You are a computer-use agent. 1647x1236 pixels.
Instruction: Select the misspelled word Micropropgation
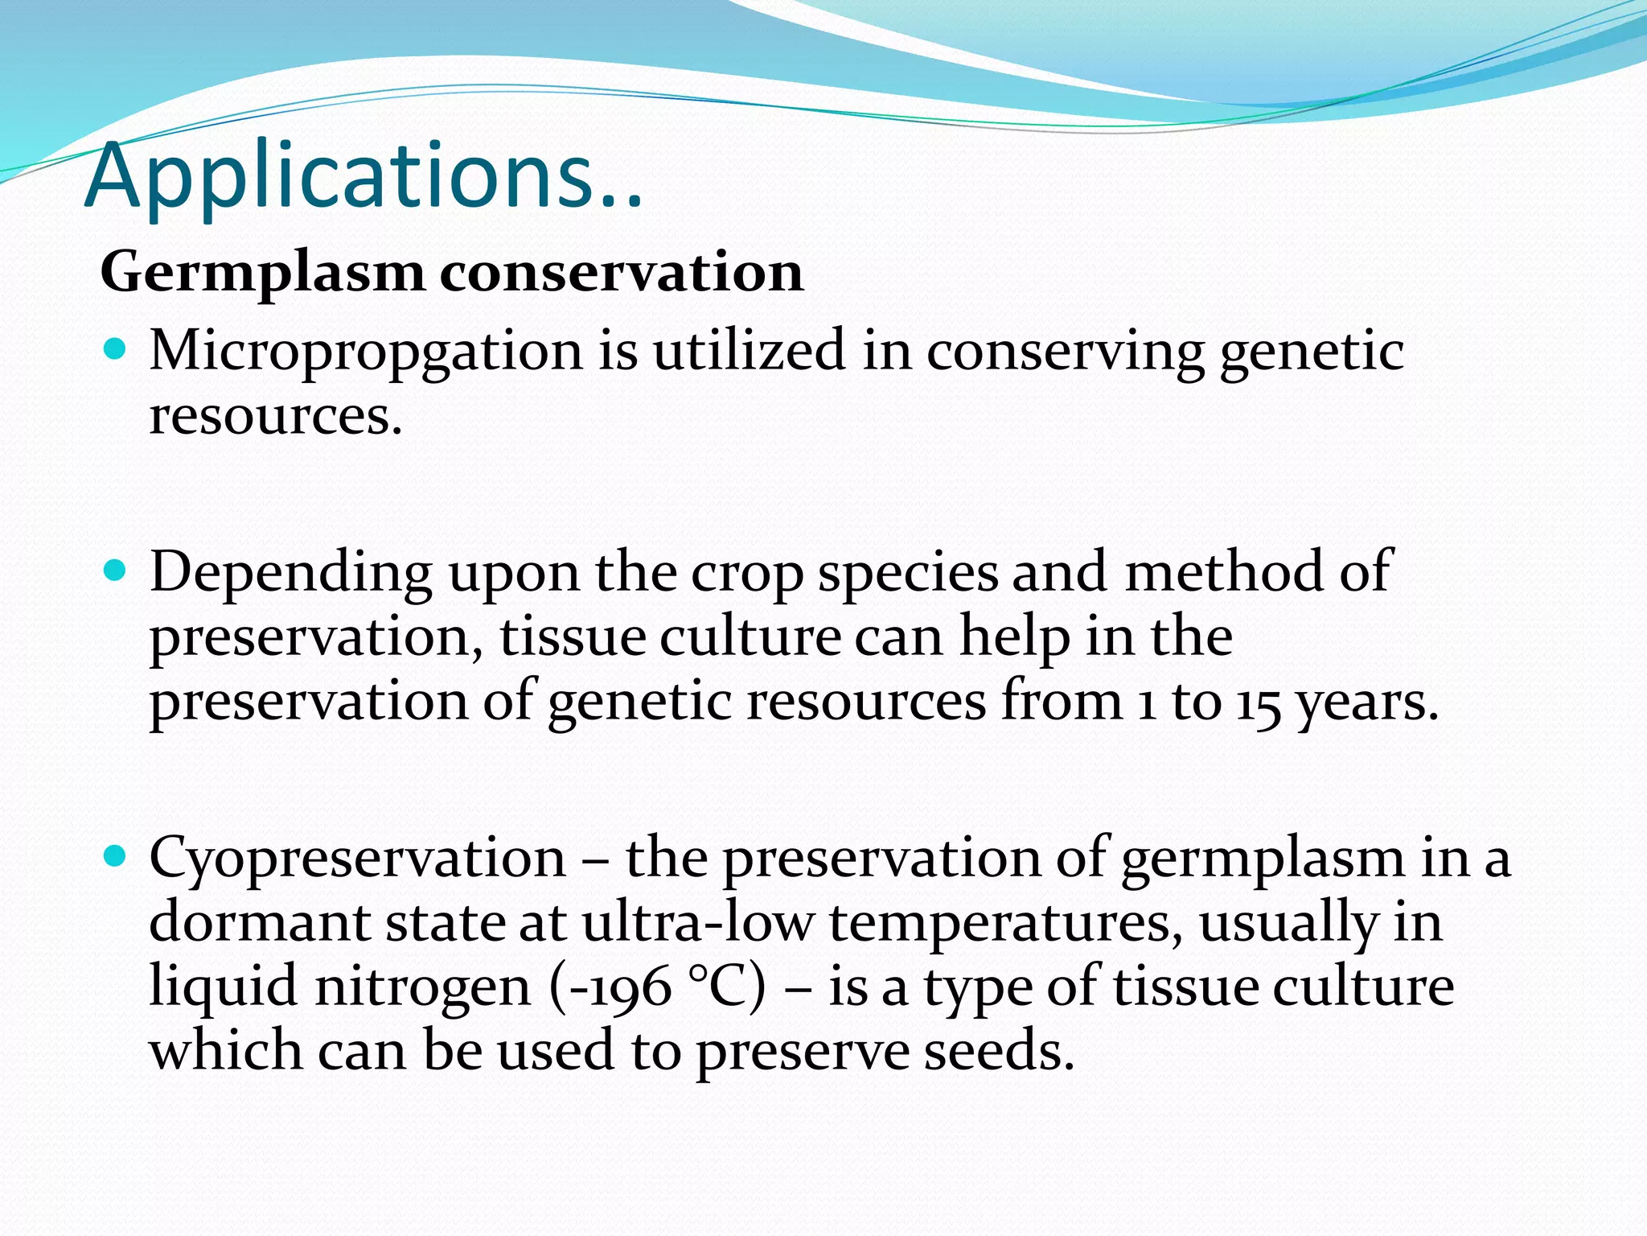tap(365, 352)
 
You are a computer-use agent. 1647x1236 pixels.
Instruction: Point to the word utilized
tap(749, 351)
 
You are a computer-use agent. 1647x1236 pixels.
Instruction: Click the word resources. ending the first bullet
tap(275, 417)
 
